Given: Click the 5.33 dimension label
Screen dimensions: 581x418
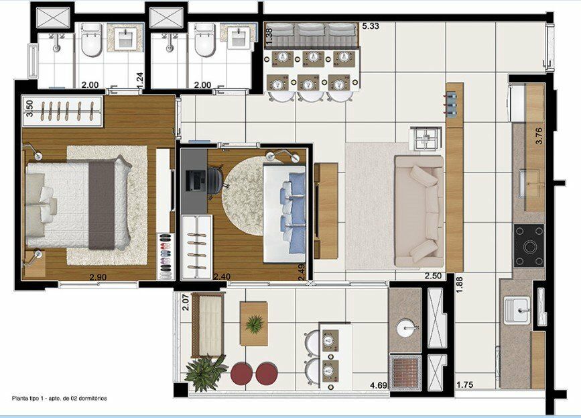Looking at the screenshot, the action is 371,26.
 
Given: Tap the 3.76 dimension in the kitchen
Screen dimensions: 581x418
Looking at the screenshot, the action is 539,136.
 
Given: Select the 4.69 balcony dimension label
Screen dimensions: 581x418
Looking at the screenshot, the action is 379,385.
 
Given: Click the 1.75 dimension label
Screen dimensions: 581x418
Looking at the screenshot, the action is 464,385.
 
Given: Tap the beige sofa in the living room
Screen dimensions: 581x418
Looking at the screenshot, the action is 419,211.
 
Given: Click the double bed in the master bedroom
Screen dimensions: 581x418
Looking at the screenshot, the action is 78,205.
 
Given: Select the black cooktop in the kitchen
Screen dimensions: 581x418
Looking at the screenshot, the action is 529,246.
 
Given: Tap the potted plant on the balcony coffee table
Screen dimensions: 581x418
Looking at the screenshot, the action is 254,324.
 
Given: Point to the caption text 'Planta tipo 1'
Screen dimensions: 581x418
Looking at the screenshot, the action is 27,399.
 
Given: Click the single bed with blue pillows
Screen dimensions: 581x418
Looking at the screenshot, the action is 284,214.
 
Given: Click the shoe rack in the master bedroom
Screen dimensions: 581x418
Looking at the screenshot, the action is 166,256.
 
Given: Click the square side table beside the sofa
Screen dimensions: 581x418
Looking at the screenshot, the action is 426,138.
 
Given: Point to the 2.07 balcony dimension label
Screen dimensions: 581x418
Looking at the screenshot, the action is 186,303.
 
